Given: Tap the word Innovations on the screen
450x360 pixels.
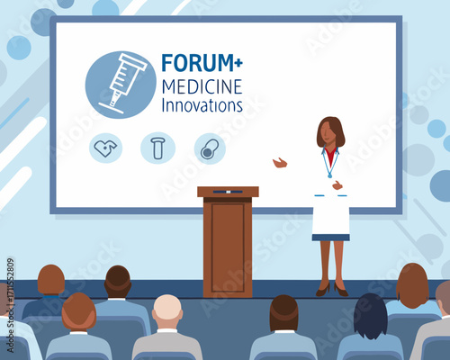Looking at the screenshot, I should point(202,104).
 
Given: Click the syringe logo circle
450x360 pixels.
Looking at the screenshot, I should point(121,85).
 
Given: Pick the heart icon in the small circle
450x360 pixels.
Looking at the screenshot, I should point(105,148).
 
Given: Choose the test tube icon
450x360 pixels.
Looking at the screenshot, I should point(157,148).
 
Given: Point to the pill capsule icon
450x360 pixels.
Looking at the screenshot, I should point(210,148).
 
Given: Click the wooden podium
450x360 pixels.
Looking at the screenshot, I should point(228,243).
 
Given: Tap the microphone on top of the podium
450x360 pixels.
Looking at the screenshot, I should point(228,191).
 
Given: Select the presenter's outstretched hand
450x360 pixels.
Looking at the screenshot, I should point(280,163).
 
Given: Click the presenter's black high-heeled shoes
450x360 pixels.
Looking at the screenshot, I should point(331,290).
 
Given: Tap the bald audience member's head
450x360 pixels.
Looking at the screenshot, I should point(167,310).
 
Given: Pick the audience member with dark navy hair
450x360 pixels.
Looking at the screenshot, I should point(370,315).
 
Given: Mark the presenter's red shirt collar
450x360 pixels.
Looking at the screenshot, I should point(330,156).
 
